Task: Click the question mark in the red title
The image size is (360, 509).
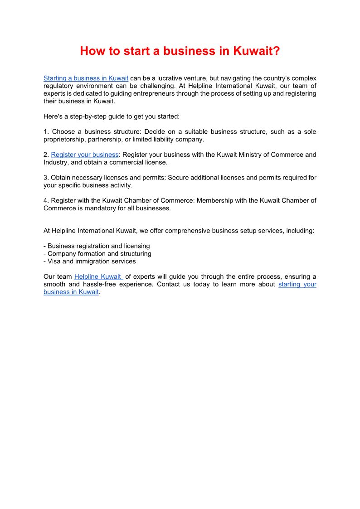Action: coord(276,51)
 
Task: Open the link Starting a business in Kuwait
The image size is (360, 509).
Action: coord(86,78)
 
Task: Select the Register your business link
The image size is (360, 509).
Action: coord(85,155)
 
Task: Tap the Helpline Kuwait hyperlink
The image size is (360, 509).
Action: coord(98,277)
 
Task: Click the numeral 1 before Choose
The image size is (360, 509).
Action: coord(45,132)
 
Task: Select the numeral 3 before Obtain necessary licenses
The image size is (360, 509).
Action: coord(45,178)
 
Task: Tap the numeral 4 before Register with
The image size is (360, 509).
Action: coord(45,201)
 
